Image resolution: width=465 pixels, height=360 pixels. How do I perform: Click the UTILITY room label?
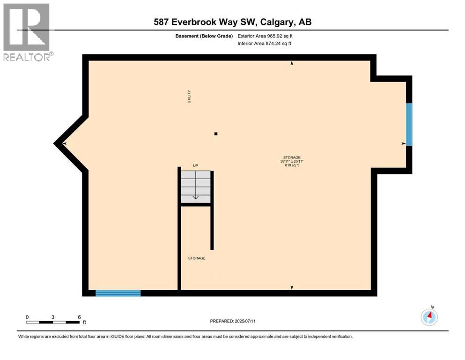[x=189, y=97]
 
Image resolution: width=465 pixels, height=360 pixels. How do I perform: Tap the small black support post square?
[x=216, y=134]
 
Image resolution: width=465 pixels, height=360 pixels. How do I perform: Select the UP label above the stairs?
[x=196, y=166]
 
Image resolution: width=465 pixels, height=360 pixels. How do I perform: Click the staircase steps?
[x=196, y=187]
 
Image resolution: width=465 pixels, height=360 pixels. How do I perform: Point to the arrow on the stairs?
[x=196, y=197]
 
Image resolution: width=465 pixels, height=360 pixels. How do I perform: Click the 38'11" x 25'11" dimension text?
[x=291, y=161]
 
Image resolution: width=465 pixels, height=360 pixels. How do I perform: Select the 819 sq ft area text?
[x=291, y=165]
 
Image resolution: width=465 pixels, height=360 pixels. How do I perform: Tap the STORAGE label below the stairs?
[x=197, y=258]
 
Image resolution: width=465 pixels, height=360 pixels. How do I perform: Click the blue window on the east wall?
[x=409, y=125]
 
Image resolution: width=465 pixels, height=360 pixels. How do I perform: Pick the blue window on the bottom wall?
[x=118, y=293]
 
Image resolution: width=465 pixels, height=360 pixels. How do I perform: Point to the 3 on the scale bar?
[x=53, y=317]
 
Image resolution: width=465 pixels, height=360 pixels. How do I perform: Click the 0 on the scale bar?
[x=27, y=317]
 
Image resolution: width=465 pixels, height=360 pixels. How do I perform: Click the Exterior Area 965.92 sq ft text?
[x=267, y=36]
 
